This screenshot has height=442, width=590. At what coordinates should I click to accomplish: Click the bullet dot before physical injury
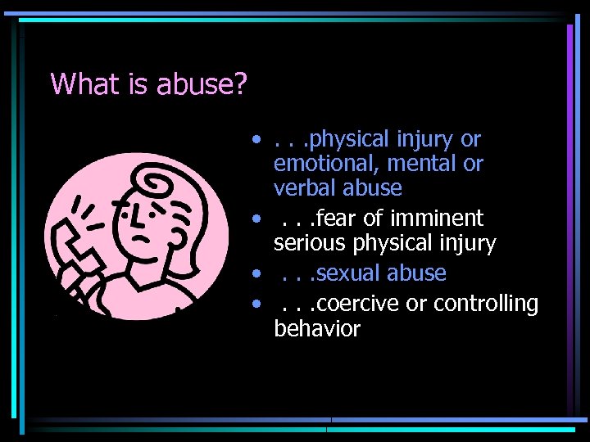(x=257, y=137)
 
